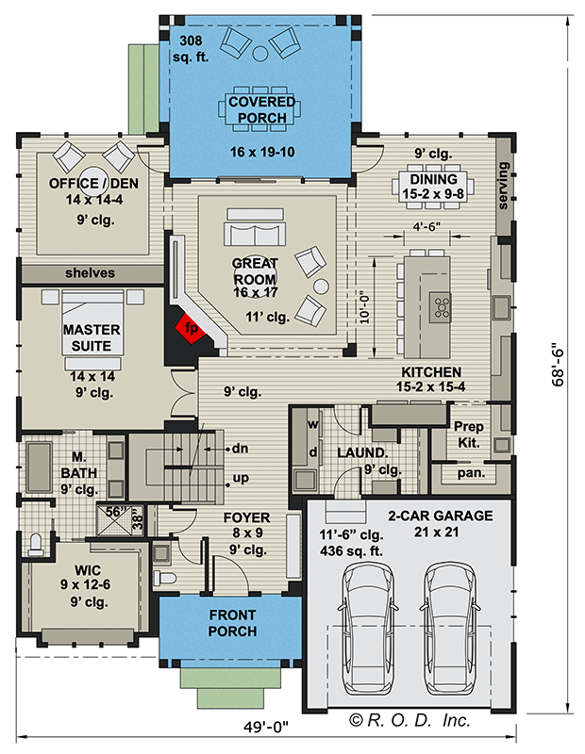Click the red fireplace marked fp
(x=192, y=329)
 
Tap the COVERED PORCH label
(x=260, y=109)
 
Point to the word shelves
(x=91, y=272)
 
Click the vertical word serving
(x=503, y=188)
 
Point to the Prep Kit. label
(x=469, y=434)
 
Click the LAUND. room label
(x=359, y=452)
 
